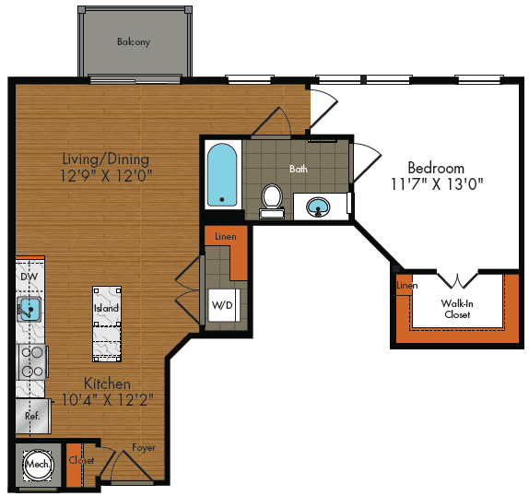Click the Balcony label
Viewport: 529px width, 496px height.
pyautogui.click(x=134, y=41)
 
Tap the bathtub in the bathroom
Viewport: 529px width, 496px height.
pyautogui.click(x=222, y=175)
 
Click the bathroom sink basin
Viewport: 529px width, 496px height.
pyautogui.click(x=318, y=207)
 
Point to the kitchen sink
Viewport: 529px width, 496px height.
pyautogui.click(x=29, y=309)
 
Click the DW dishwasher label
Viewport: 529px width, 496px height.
pyautogui.click(x=29, y=277)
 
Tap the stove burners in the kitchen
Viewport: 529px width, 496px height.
pyautogui.click(x=32, y=361)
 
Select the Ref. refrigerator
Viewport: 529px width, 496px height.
pyautogui.click(x=33, y=416)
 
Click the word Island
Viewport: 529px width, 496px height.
pyautogui.click(x=106, y=308)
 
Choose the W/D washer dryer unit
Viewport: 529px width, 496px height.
pyautogui.click(x=223, y=305)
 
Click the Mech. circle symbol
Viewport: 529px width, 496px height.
pyautogui.click(x=38, y=465)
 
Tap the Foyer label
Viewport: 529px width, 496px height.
pyautogui.click(x=144, y=448)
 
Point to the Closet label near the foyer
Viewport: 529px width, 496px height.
pyautogui.click(x=81, y=460)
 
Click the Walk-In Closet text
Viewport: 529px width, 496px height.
pyautogui.click(x=457, y=309)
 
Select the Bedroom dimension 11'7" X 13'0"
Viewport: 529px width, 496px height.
pyautogui.click(x=437, y=184)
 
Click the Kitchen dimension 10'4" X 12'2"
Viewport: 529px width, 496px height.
pyautogui.click(x=108, y=400)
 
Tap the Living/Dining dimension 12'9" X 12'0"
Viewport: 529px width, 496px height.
pyautogui.click(x=106, y=176)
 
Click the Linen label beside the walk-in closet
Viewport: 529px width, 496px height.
pyautogui.click(x=406, y=286)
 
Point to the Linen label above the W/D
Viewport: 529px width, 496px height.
pyautogui.click(x=226, y=237)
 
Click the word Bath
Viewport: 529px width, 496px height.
pyautogui.click(x=299, y=169)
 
